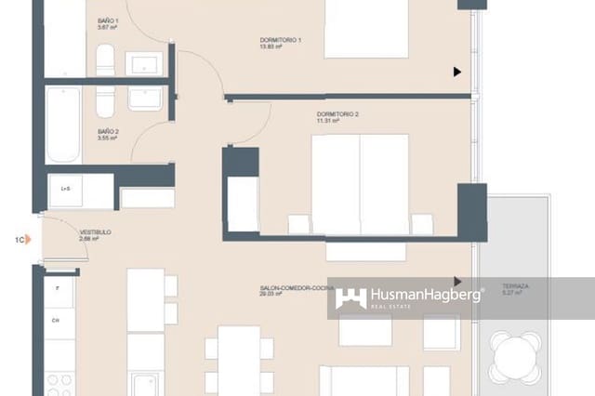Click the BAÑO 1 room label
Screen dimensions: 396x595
coord(108,20)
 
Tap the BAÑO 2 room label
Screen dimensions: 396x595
coord(108,132)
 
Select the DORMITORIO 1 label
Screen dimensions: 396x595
coord(280,40)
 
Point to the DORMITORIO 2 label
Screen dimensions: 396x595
coord(337,114)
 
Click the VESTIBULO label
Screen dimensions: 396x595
coord(95,232)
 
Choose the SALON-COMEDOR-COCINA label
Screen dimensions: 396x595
coord(297,289)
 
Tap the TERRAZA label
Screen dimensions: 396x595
coord(515,286)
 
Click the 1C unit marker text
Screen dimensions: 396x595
coord(19,240)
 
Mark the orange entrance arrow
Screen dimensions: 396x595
coord(29,240)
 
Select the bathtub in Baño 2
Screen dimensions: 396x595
coord(64,125)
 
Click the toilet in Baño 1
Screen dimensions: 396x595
coord(105,61)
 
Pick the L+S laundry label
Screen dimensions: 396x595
coord(66,190)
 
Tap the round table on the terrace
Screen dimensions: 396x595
coord(517,356)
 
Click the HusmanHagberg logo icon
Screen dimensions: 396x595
coord(350,297)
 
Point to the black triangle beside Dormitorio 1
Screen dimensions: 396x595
coord(456,72)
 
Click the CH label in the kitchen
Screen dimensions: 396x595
coord(56,322)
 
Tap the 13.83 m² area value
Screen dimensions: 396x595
coord(271,46)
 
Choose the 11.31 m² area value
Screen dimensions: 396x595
coord(326,121)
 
